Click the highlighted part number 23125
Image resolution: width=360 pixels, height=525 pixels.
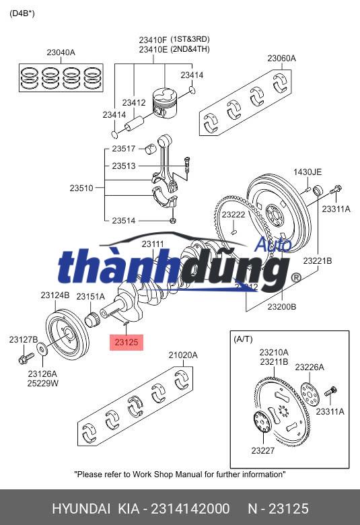(126, 343)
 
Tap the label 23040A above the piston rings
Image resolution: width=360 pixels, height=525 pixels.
(61, 53)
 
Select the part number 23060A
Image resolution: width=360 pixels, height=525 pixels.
(281, 59)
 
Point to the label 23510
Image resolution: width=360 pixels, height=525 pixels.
(81, 188)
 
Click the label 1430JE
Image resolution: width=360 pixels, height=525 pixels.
(307, 172)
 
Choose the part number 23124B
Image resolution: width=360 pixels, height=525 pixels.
(55, 295)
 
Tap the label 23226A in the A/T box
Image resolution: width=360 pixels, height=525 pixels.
(311, 367)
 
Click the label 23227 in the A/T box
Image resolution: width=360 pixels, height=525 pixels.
(262, 450)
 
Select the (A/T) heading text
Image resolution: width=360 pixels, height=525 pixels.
(243, 339)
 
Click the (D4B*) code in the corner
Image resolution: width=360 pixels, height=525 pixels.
(22, 13)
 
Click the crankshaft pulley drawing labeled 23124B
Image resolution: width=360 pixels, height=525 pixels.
(65, 330)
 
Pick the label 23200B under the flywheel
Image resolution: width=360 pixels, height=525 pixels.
(282, 306)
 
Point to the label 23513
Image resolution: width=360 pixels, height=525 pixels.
(124, 166)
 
